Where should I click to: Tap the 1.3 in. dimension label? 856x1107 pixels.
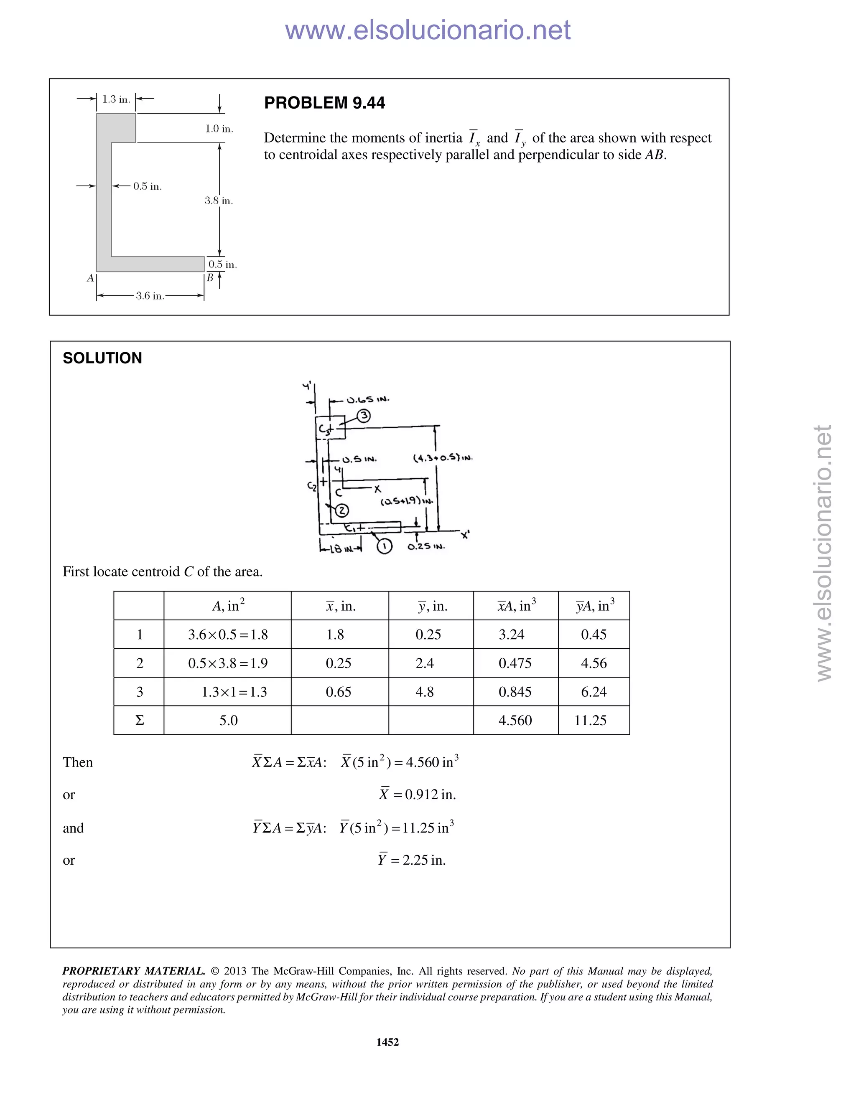pyautogui.click(x=116, y=99)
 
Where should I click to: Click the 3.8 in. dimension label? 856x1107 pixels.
pyautogui.click(x=219, y=201)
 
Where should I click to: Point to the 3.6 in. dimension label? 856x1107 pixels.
pyautogui.click(x=150, y=296)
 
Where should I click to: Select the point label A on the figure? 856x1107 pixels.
pyautogui.click(x=90, y=278)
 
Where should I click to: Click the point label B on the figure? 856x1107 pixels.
pyautogui.click(x=210, y=278)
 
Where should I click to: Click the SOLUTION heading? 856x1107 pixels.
pyautogui.click(x=102, y=358)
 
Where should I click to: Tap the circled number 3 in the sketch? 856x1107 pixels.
pyautogui.click(x=364, y=416)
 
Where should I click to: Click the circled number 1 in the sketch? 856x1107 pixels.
pyautogui.click(x=385, y=546)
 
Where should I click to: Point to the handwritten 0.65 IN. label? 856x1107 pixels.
pyautogui.click(x=368, y=400)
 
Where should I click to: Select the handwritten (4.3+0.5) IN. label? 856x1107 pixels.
pyautogui.click(x=443, y=458)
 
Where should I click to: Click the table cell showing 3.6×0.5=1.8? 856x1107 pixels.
pyautogui.click(x=228, y=634)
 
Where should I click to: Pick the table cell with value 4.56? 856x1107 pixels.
pyautogui.click(x=594, y=663)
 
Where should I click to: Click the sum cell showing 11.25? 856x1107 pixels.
pyautogui.click(x=590, y=720)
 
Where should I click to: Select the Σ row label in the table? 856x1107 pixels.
pyautogui.click(x=140, y=720)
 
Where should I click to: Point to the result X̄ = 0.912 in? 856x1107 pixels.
pyautogui.click(x=418, y=794)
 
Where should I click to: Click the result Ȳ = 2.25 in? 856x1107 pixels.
pyautogui.click(x=412, y=860)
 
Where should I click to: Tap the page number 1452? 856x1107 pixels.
pyautogui.click(x=387, y=1042)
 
